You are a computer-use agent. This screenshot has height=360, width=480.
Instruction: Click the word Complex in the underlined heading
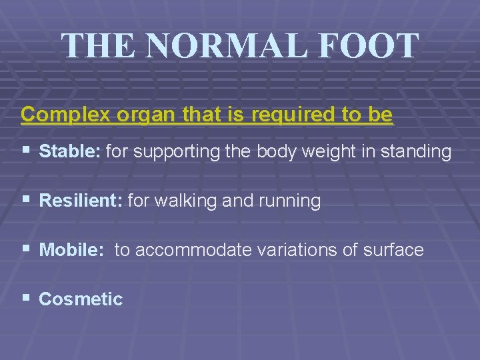[x=66, y=115]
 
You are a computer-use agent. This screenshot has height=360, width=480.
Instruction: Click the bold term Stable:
[x=70, y=152]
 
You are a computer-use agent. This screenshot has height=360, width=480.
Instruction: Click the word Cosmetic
[x=81, y=299]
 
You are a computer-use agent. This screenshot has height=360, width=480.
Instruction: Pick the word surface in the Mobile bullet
[x=393, y=250]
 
